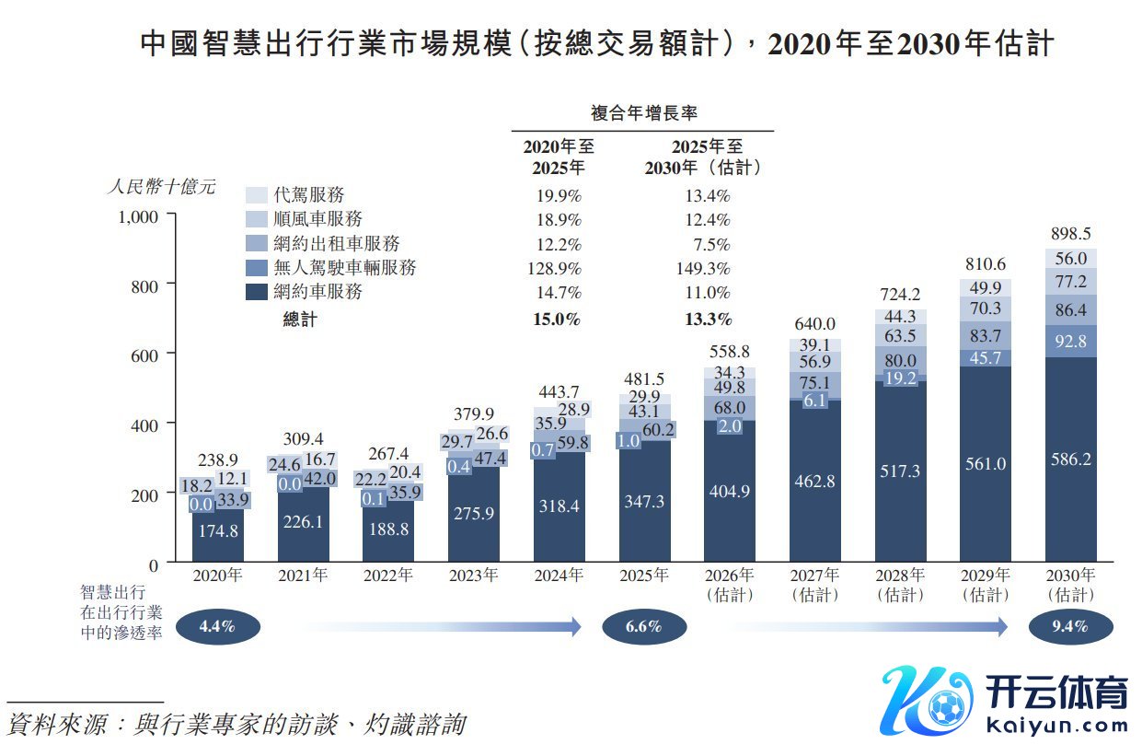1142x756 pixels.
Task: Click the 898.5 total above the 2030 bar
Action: point(1071,234)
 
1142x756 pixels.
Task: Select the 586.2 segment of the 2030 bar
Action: point(1071,459)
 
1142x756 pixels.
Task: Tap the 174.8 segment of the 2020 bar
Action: point(218,530)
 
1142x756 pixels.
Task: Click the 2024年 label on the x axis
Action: point(559,576)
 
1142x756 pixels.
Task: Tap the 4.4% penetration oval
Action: point(218,627)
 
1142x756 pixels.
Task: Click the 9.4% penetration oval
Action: point(1070,627)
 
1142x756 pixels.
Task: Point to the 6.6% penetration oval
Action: point(644,627)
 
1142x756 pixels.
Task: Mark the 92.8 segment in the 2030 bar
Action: point(1071,341)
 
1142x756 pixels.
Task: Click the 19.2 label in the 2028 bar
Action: point(901,378)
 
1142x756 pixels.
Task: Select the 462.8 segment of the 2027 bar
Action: point(815,482)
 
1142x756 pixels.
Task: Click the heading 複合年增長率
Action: point(643,113)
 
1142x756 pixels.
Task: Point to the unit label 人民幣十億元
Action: point(161,187)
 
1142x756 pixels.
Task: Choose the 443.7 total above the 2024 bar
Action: point(559,392)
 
